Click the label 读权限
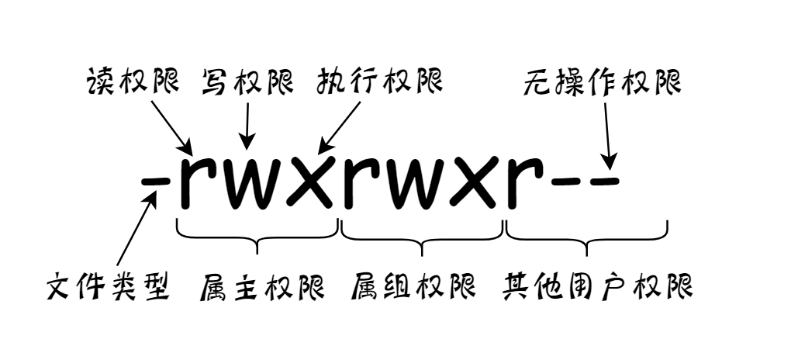[132, 81]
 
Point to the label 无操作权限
[601, 81]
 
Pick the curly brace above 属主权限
[258, 237]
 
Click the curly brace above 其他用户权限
[587, 237]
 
